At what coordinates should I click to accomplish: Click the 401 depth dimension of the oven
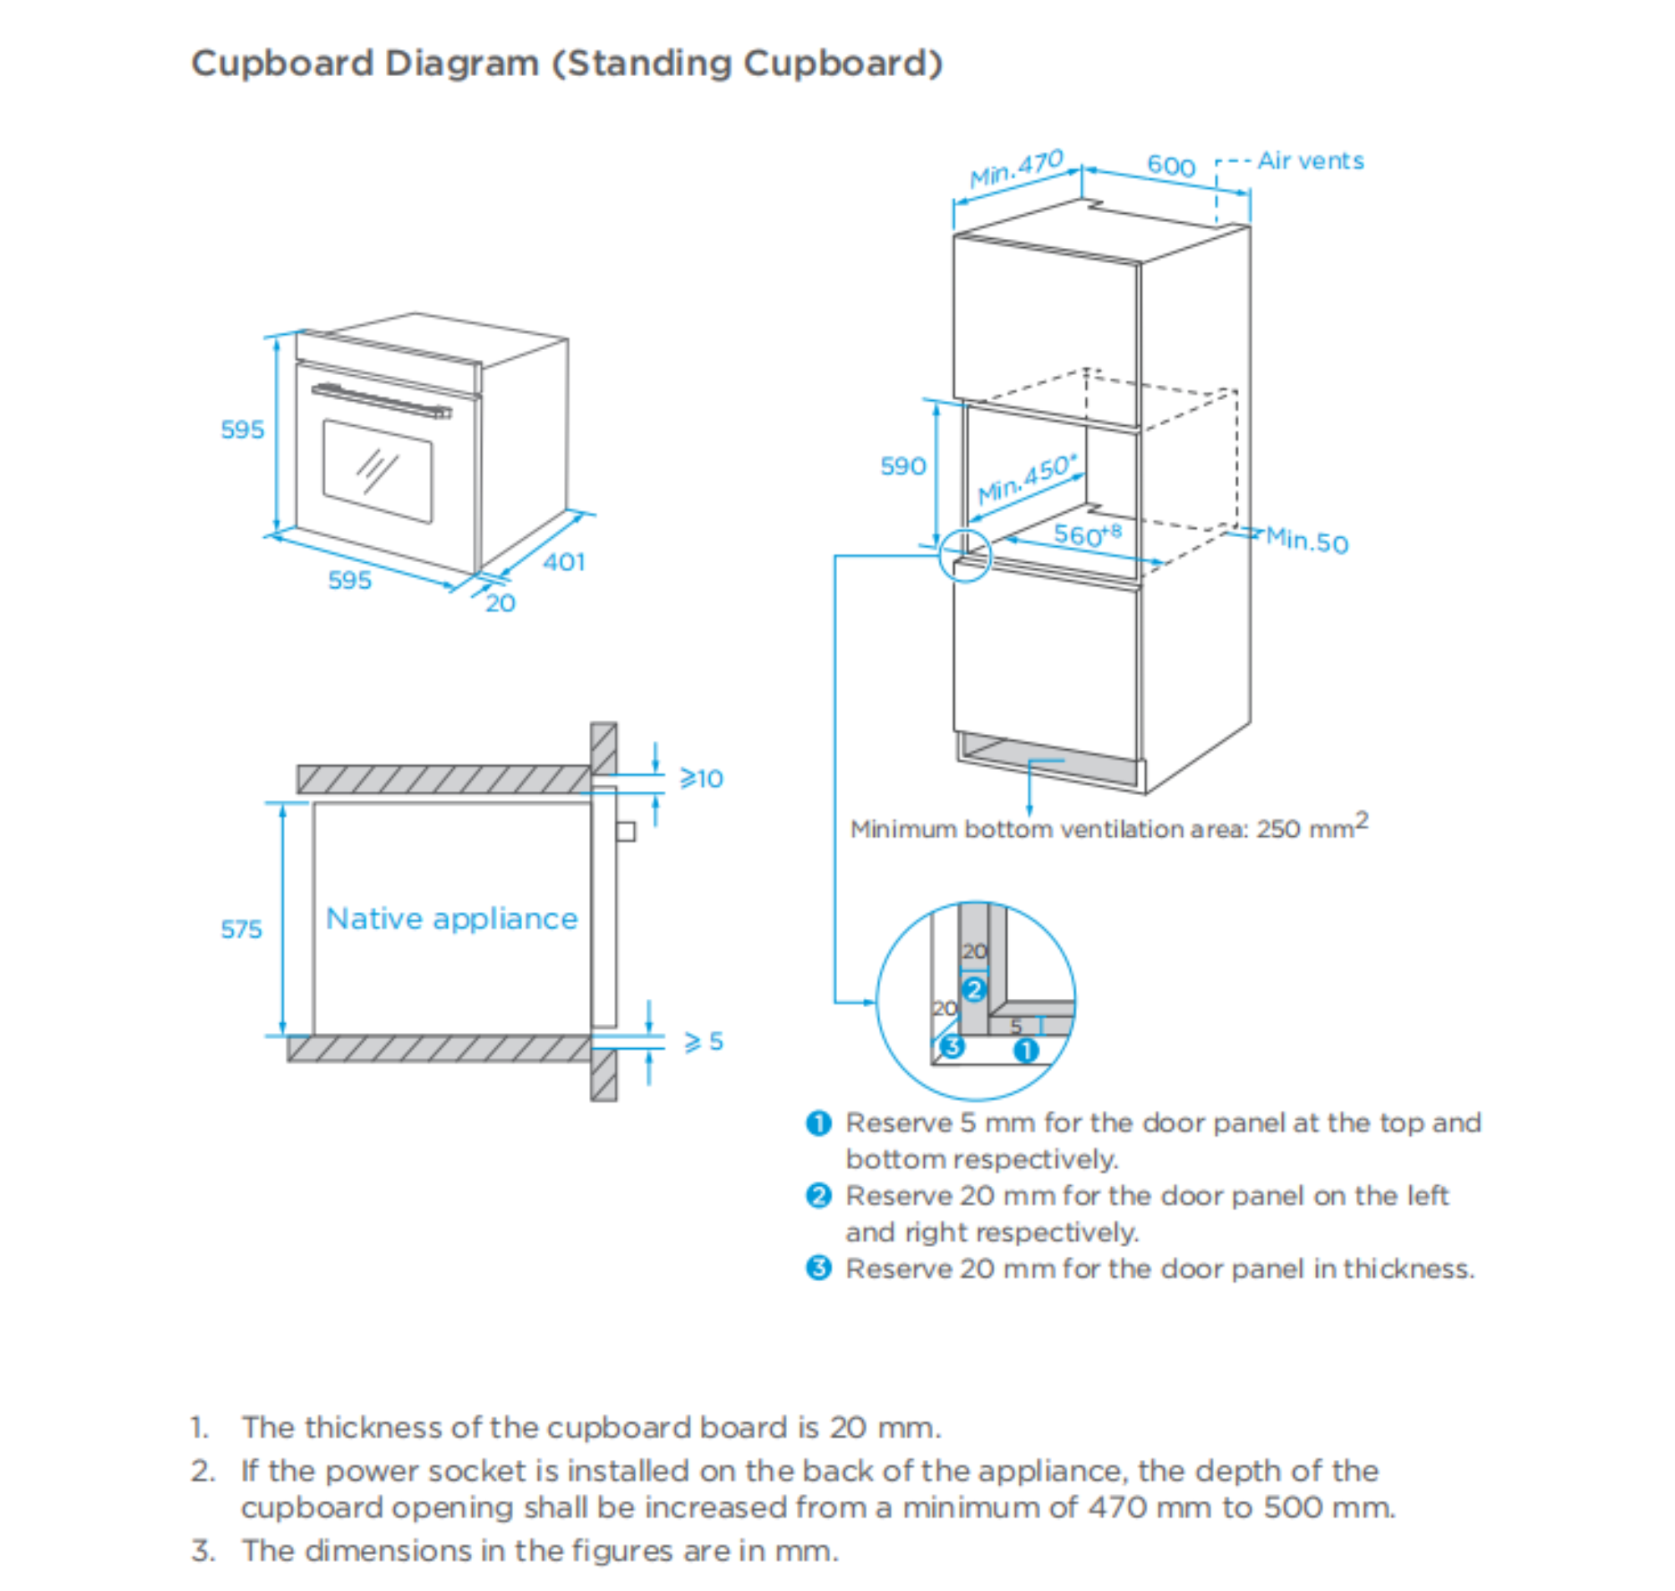564,561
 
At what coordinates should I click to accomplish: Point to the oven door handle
382,400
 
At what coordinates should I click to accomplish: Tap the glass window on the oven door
378,471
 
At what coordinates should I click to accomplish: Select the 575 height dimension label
241,929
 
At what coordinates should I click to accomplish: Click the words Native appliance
452,919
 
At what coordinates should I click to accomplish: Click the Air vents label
1310,160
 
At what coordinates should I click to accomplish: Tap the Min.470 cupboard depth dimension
1016,168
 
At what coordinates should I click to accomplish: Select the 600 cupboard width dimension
1171,165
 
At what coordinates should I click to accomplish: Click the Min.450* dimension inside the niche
1027,479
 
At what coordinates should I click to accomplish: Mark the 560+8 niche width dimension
1087,535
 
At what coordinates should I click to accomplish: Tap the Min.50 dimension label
1307,540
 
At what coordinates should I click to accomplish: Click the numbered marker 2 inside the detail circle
974,989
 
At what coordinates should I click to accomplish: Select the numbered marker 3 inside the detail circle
952,1046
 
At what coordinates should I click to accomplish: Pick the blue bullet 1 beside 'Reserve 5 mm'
819,1122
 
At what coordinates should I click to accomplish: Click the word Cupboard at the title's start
282,63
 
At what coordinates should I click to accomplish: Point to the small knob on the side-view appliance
626,831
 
